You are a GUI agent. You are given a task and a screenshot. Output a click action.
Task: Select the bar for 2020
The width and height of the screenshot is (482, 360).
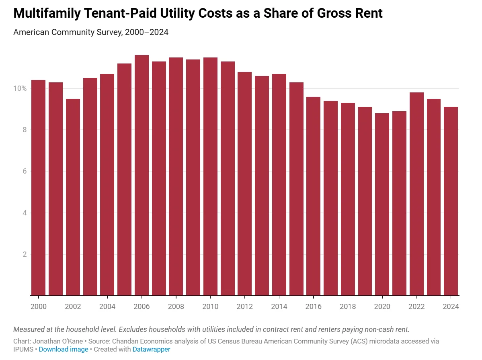[x=382, y=205]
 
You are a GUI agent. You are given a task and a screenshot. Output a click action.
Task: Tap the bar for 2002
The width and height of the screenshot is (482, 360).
[x=73, y=197]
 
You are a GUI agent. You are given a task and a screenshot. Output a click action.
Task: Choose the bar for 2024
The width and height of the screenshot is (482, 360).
[x=451, y=201]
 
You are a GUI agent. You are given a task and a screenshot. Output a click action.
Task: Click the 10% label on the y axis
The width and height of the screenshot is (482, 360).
[x=21, y=88]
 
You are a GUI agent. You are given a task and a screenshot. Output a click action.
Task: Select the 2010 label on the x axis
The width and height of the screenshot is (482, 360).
[x=210, y=307]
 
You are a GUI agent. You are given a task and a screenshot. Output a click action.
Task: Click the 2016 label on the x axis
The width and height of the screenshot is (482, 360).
[x=314, y=307]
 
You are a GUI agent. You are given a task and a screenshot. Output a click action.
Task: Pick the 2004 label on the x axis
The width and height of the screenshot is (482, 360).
[x=107, y=307]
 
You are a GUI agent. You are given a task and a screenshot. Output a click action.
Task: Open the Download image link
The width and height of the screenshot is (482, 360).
[x=64, y=349]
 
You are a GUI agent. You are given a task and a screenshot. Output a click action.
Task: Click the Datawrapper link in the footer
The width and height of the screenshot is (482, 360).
[x=152, y=349]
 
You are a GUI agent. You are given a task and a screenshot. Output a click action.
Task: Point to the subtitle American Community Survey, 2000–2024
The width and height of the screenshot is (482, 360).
[x=91, y=32]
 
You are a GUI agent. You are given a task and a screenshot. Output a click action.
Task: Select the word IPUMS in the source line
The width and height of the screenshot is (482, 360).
[x=24, y=349]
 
